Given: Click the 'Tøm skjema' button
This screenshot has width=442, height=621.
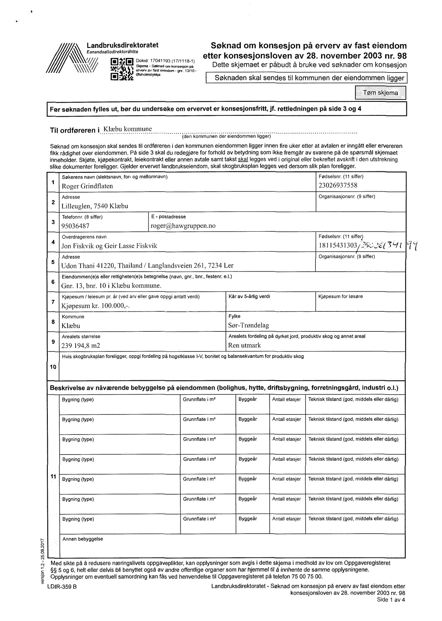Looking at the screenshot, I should point(380,93).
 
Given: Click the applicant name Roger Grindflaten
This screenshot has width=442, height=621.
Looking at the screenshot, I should point(87,186).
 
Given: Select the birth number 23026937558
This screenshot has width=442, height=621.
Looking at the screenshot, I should point(338,185).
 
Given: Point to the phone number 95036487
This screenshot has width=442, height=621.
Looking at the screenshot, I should point(75,226).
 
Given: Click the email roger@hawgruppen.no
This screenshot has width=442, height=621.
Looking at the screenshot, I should point(183,226).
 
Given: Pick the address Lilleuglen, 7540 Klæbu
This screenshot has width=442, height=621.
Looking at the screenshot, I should point(95,206).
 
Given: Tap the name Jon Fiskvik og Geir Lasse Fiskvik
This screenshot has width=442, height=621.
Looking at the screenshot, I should point(109,246).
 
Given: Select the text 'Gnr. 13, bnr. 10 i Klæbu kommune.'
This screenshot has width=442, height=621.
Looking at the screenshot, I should point(111,286).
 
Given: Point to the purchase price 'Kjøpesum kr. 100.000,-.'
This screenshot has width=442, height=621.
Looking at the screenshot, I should point(95,306).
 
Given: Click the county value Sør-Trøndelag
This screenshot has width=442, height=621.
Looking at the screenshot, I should point(248,326).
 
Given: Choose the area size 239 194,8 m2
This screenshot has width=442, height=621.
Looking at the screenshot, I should point(81,346).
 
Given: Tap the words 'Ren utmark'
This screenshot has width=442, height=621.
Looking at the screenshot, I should point(244,345).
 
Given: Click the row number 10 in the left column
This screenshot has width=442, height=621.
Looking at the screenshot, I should point(53,367).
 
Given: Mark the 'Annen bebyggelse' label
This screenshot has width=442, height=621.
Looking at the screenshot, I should point(83,539).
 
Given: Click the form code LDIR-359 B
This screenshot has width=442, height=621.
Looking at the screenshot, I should point(62,587).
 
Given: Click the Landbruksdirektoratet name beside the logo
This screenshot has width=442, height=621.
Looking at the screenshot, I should point(123,45).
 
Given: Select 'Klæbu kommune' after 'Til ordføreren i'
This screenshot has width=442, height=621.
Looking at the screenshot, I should point(127,129).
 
